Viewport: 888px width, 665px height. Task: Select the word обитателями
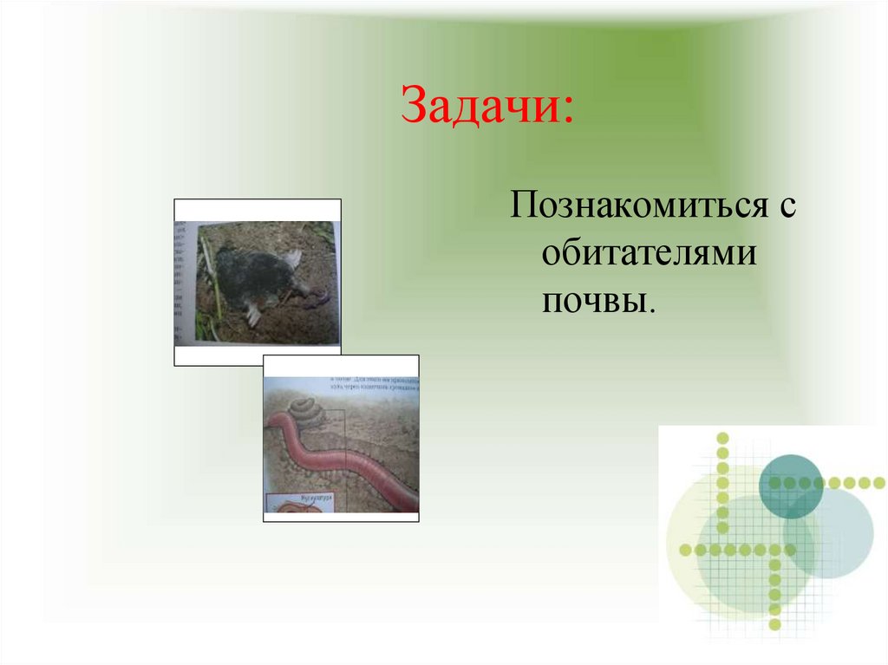(648, 256)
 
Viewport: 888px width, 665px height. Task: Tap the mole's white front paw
(253, 313)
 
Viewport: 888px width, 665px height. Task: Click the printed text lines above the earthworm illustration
(373, 384)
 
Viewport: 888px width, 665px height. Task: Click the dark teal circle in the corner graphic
(790, 486)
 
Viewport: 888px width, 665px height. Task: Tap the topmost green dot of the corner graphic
(722, 437)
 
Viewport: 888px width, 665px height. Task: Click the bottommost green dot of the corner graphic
(774, 623)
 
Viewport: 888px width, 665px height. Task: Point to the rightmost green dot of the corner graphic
(878, 483)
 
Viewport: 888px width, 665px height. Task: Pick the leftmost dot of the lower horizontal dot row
(685, 550)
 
